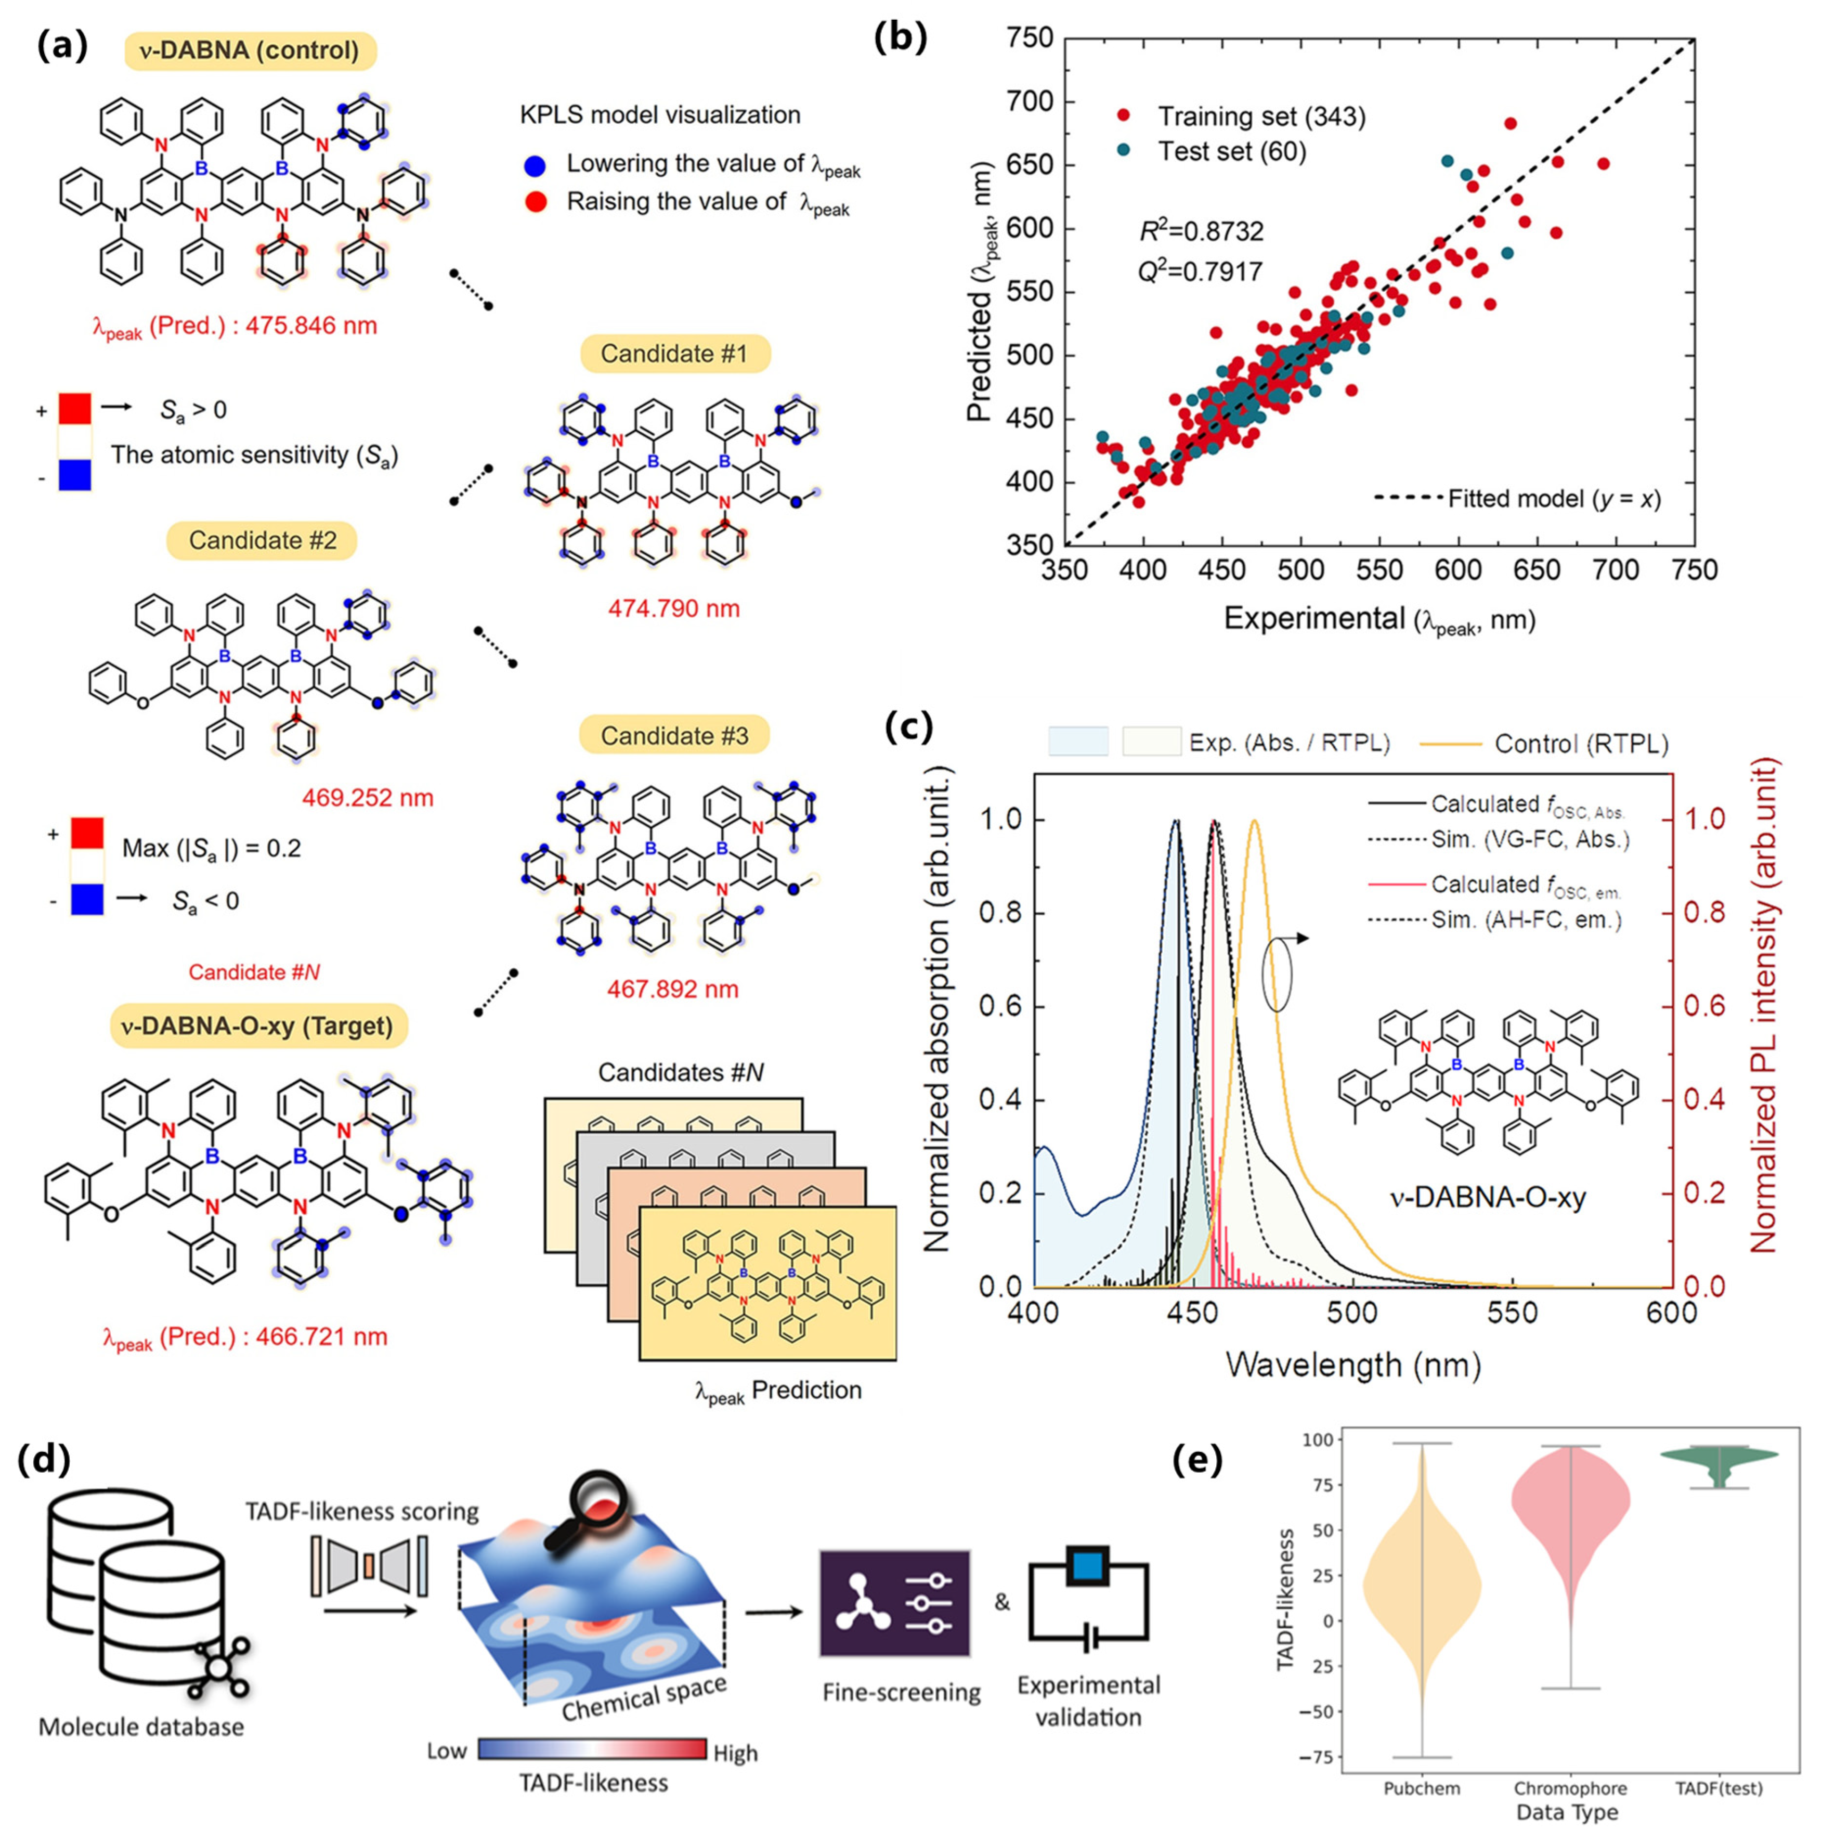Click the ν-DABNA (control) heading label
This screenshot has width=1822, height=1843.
click(x=250, y=50)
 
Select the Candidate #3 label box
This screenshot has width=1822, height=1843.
click(x=674, y=735)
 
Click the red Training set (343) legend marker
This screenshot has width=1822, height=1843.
click(x=1123, y=116)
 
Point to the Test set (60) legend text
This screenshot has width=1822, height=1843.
click(x=1231, y=152)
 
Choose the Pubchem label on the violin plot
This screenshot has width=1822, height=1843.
click(x=1421, y=1788)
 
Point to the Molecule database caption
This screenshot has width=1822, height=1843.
click(x=141, y=1727)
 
